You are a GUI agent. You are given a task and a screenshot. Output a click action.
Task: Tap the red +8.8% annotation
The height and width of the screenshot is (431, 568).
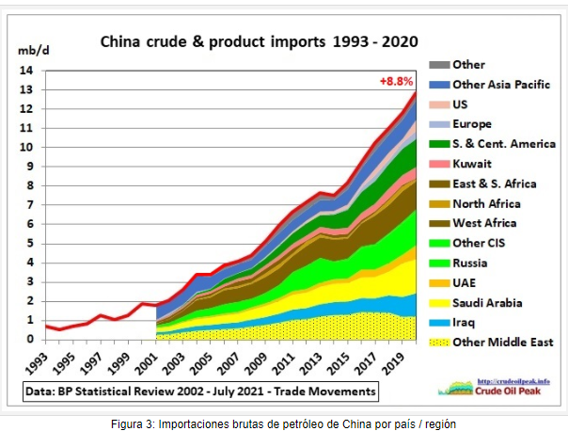[x=396, y=82]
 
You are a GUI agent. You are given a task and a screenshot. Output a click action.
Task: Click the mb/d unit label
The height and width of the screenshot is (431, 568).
[x=27, y=49]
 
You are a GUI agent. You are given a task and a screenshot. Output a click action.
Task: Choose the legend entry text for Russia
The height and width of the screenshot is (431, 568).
[x=472, y=263]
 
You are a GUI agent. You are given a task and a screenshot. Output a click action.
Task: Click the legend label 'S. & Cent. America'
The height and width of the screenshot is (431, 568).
[x=504, y=144]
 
